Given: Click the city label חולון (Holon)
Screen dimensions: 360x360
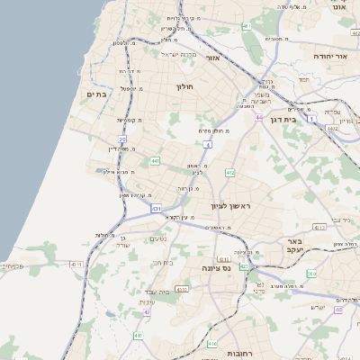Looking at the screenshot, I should click(x=184, y=86).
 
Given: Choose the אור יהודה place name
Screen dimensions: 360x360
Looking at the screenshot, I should click(x=336, y=56).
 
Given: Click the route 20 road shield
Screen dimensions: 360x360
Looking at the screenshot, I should click(x=122, y=139).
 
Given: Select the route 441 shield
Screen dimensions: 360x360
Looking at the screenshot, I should click(x=156, y=161).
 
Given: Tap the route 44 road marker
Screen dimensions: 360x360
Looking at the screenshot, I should click(x=259, y=118).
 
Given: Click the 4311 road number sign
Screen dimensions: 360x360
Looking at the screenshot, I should click(x=182, y=289).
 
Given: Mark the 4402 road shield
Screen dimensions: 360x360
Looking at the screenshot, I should click(x=333, y=129).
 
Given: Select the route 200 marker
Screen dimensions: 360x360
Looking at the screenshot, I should click(x=311, y=274).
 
